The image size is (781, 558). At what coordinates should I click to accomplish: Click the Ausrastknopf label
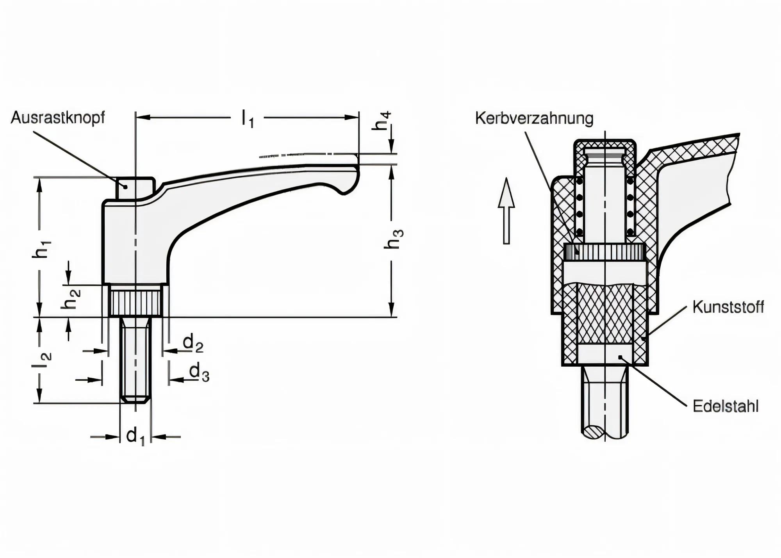[x=58, y=117]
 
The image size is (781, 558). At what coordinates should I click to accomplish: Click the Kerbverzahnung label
[x=534, y=118]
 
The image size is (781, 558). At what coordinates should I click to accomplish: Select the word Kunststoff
[x=728, y=307]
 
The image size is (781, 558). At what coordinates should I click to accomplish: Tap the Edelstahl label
[x=726, y=406]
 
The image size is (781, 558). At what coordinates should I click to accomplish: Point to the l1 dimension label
[x=248, y=118]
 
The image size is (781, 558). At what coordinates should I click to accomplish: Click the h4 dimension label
[x=382, y=121]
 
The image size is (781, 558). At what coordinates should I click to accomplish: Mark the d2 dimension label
[x=193, y=344]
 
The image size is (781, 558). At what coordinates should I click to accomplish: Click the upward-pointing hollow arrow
[x=506, y=211]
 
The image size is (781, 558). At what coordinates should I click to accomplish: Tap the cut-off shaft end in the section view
[x=604, y=431]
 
